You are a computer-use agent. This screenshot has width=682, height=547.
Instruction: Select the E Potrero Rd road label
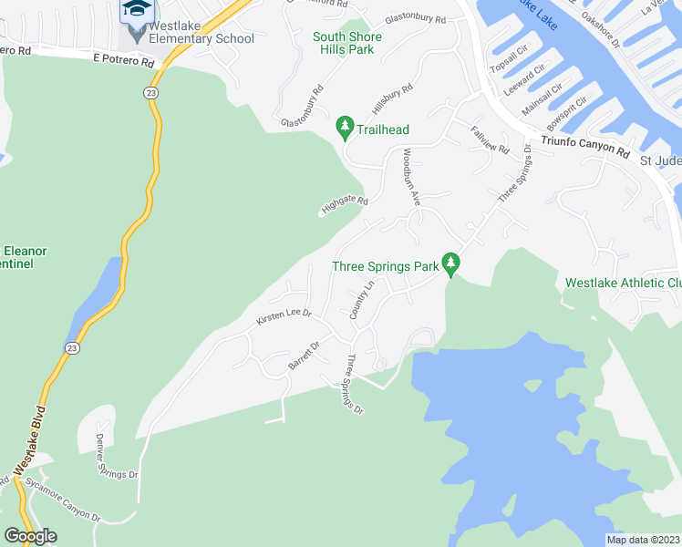point(124,59)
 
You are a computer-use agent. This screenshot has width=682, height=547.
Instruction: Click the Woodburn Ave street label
point(411,175)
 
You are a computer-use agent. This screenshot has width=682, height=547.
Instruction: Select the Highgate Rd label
point(344,207)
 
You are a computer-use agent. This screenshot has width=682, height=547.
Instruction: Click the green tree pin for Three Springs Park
point(449,263)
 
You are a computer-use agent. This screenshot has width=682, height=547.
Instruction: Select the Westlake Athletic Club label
point(624,283)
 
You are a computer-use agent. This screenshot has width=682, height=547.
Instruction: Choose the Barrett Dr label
point(304,356)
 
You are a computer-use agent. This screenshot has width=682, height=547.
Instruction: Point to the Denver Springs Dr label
point(116,457)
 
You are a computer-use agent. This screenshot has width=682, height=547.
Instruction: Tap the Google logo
point(30,536)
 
